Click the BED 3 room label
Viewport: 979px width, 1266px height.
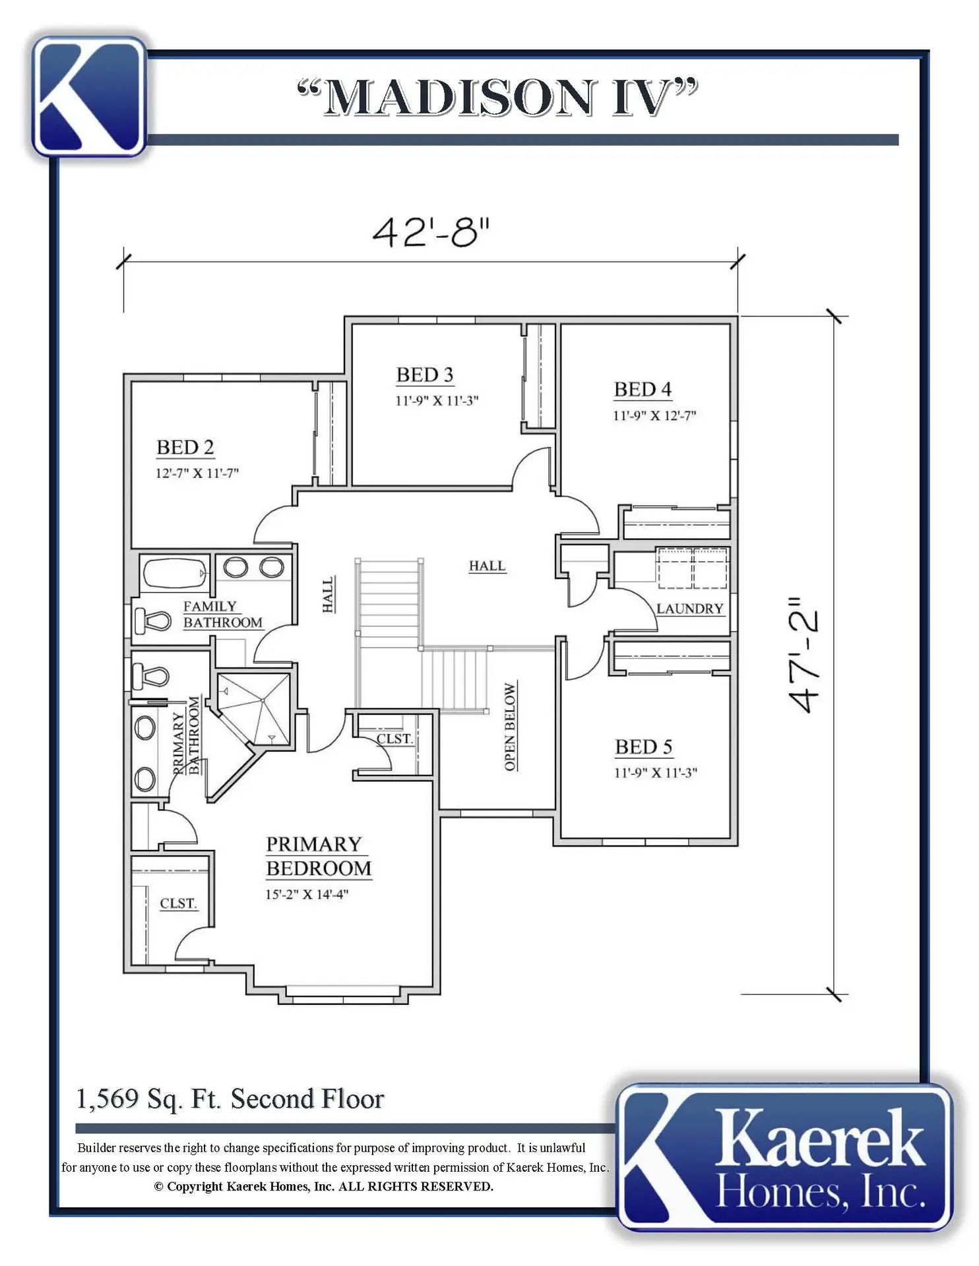point(425,375)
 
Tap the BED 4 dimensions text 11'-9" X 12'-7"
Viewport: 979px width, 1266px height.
point(654,415)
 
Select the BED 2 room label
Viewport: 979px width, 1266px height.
point(185,448)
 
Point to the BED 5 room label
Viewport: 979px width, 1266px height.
point(643,747)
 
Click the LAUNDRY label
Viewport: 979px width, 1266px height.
point(690,609)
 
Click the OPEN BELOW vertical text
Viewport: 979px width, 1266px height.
point(510,726)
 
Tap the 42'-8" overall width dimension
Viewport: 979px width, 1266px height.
point(431,232)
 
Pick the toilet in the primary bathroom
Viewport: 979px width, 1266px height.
point(150,676)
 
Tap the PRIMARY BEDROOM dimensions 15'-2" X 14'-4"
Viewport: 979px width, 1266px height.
point(307,894)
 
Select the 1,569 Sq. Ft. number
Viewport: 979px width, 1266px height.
point(108,1099)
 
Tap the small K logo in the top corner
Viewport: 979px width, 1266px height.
point(89,97)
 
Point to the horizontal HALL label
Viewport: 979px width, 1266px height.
point(487,566)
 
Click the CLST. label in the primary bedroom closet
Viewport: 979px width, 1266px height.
point(178,903)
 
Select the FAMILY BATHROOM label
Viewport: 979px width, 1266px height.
point(222,615)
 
